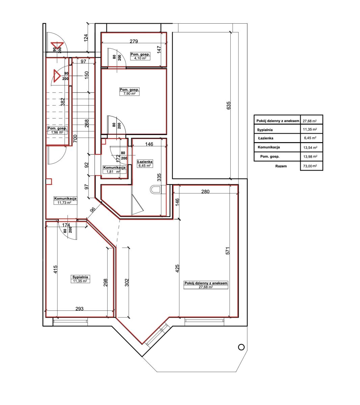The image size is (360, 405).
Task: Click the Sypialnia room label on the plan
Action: (80, 277)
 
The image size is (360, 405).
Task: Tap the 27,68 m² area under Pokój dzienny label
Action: (205, 287)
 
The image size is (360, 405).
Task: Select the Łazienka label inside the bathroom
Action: (145, 162)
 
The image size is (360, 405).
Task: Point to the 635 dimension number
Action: (229, 105)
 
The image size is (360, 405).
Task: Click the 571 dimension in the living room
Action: (228, 251)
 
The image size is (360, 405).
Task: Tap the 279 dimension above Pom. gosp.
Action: (134, 41)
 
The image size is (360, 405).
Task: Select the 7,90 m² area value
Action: (129, 93)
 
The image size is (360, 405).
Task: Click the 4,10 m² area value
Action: (140, 58)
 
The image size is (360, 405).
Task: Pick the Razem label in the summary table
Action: (281, 166)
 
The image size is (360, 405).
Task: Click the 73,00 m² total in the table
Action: (310, 166)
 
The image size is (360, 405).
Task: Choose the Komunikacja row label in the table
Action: (268, 147)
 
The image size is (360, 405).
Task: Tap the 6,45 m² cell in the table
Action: (310, 138)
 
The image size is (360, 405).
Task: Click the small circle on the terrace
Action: (241, 347)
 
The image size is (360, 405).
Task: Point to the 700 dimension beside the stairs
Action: (75, 138)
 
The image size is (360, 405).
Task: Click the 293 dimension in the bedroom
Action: (79, 309)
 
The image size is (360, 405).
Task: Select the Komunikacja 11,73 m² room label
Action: (65, 200)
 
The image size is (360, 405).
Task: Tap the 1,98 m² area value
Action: (57, 132)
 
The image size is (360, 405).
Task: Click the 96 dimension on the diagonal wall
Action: (93, 210)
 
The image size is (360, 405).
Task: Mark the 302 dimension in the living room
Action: (127, 282)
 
